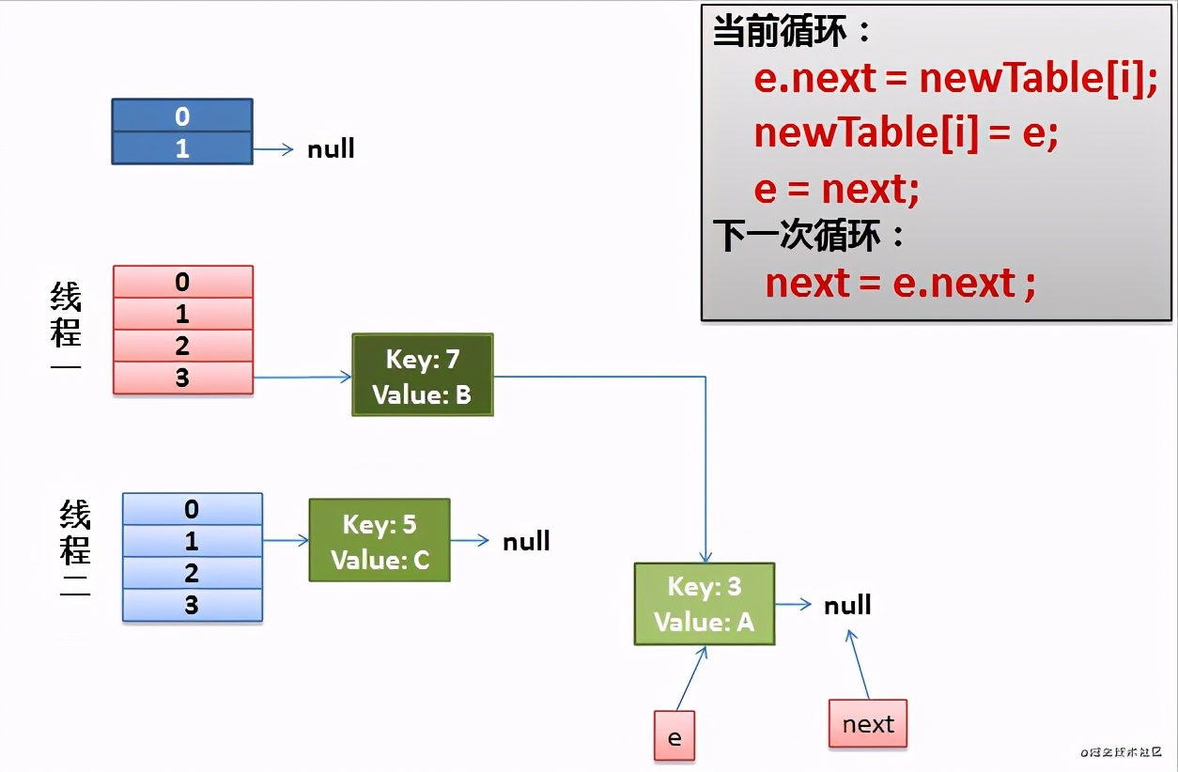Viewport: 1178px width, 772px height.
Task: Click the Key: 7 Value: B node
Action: coord(422,375)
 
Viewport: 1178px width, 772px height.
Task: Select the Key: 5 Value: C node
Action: coord(380,540)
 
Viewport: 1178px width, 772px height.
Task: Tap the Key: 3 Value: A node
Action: coord(704,604)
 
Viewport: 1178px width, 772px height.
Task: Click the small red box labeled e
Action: coord(674,735)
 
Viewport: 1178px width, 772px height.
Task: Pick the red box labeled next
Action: coord(867,723)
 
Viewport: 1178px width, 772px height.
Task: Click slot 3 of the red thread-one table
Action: coord(182,378)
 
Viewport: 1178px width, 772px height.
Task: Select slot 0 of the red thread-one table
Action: coord(182,282)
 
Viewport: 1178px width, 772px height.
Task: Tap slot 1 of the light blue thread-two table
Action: coord(192,541)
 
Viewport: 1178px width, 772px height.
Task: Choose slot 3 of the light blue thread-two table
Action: coord(192,605)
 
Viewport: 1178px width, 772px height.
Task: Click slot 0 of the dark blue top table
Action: coord(181,116)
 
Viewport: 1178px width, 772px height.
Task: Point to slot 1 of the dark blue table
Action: coord(181,148)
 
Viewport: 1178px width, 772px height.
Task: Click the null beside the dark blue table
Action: coord(331,149)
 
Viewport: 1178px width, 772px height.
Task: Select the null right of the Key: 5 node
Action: coord(526,541)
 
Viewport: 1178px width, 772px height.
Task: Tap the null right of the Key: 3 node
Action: coord(847,605)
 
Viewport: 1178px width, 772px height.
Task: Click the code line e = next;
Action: coord(836,190)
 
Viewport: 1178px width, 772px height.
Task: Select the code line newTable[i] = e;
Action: coord(906,134)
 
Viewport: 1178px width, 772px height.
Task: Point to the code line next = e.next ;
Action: coord(899,283)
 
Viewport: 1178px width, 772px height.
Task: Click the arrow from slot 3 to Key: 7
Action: coord(302,378)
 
